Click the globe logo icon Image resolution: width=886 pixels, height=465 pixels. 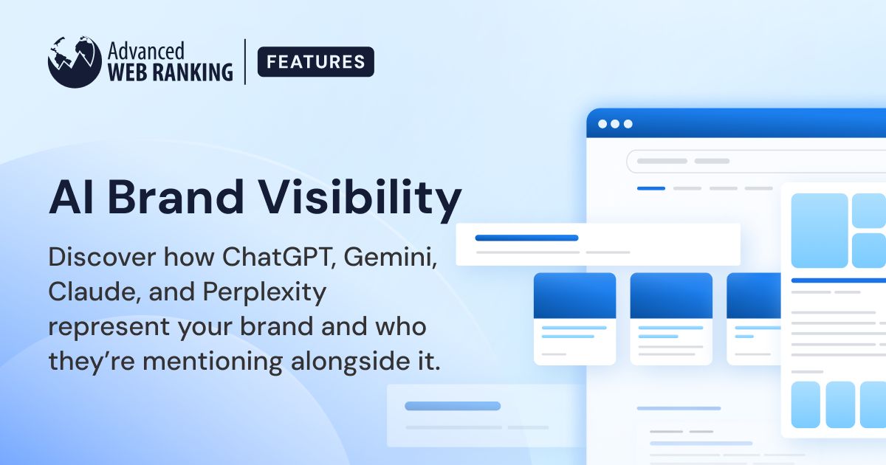75,61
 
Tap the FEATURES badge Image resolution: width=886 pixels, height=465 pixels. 315,62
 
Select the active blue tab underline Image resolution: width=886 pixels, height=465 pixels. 650,188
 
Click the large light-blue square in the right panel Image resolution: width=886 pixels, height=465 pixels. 820,230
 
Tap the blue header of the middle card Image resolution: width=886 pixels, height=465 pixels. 671,295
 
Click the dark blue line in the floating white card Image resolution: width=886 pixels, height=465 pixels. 526,238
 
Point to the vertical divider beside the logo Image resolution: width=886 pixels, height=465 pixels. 246,62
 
